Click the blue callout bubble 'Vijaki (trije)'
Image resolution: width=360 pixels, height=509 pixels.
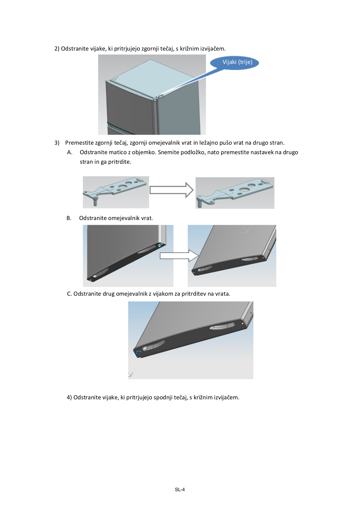(x=237, y=62)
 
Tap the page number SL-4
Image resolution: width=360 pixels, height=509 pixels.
(x=180, y=490)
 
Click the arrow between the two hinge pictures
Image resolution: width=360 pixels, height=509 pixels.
(x=171, y=190)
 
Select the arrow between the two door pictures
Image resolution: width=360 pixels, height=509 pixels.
(x=179, y=256)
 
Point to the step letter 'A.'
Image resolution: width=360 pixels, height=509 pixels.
(x=70, y=152)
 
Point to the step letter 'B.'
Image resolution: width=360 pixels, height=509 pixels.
(x=69, y=218)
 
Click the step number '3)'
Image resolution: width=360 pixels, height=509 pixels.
(x=57, y=143)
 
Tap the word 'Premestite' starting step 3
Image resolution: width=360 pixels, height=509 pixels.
(x=79, y=143)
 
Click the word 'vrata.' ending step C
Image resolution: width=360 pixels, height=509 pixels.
(x=223, y=294)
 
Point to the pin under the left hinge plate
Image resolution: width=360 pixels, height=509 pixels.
(x=94, y=201)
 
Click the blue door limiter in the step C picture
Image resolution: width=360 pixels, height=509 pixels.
(x=138, y=353)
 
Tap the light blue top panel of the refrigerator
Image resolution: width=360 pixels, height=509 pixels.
(x=153, y=75)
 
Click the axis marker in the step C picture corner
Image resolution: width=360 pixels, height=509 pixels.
(x=130, y=375)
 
